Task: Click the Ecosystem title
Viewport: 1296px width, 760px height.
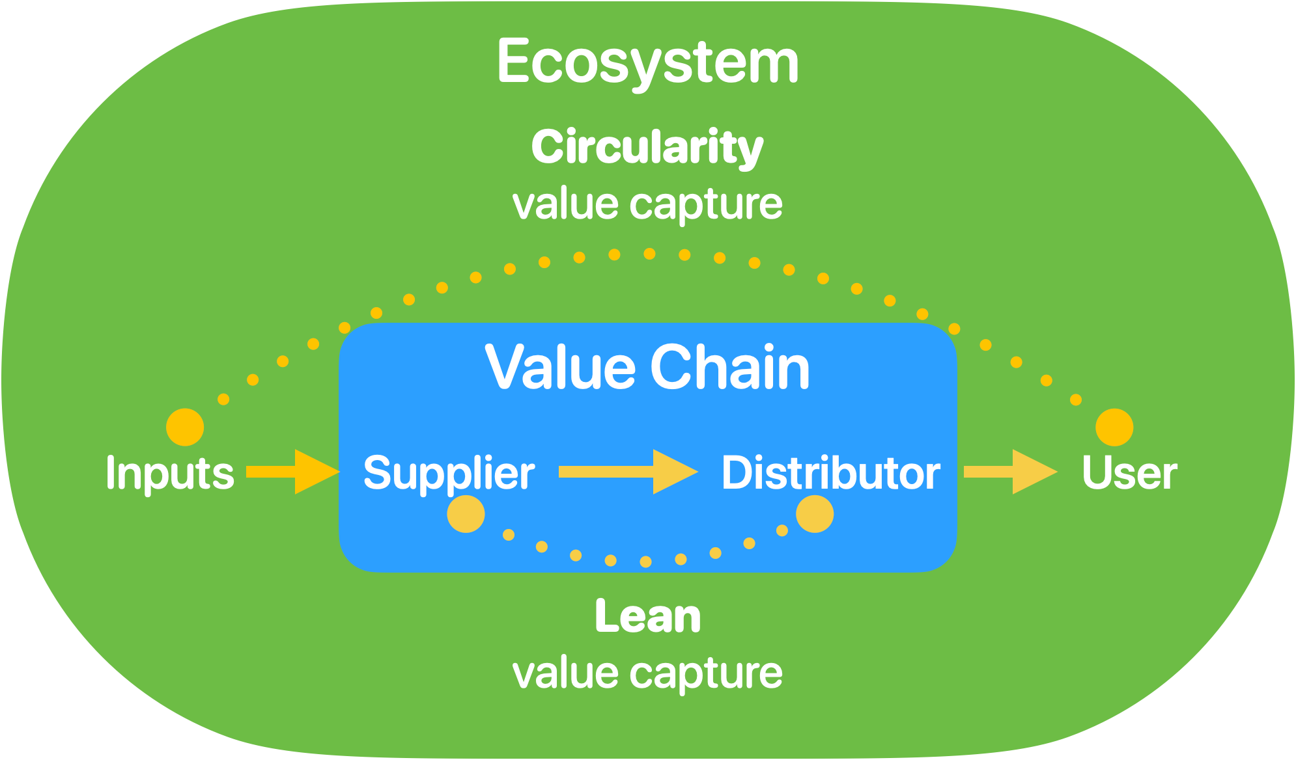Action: point(647,62)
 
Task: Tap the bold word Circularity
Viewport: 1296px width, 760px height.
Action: point(647,147)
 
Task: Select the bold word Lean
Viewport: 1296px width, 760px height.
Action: point(647,616)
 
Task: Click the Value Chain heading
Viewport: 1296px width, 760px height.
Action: point(647,367)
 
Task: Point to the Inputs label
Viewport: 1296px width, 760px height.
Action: point(169,473)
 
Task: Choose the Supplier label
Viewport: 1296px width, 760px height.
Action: point(449,473)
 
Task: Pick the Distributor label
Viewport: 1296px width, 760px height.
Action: point(830,473)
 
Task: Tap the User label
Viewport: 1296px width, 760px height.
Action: point(1129,473)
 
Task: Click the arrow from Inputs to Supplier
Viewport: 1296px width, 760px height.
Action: point(292,472)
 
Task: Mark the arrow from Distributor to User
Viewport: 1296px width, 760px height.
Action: point(1009,472)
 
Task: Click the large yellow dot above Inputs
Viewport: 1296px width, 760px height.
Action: point(185,428)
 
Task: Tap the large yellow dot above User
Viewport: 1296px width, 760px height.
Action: point(1114,428)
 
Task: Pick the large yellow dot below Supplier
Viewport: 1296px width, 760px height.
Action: point(466,514)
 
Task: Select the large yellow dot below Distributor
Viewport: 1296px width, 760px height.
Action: point(815,514)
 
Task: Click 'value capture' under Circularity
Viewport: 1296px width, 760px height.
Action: point(647,204)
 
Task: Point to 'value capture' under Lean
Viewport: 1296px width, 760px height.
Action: point(647,673)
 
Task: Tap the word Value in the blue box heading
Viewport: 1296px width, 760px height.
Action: point(560,367)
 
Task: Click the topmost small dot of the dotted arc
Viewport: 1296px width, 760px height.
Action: point(649,254)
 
